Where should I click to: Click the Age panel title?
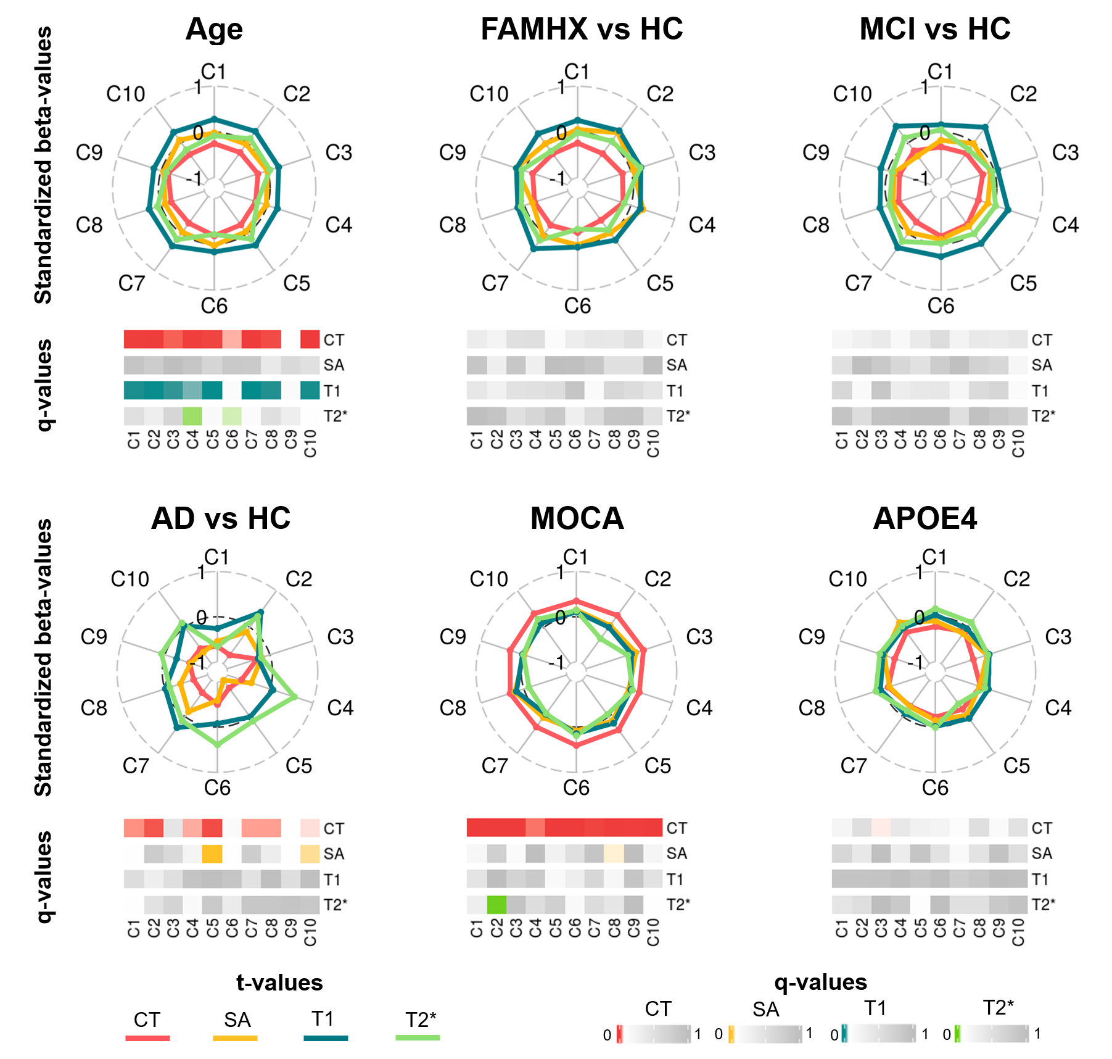[214, 29]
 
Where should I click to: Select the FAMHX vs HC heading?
[582, 29]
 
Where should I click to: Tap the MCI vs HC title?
[935, 29]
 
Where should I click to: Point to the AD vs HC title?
[221, 518]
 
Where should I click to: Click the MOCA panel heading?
[577, 518]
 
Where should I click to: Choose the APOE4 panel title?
[925, 518]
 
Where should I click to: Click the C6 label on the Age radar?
[214, 305]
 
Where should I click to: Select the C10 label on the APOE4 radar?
[847, 579]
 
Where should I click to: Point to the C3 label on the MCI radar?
[1065, 152]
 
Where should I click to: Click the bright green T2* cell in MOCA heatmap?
[496, 905]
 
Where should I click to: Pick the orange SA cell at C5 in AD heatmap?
[212, 853]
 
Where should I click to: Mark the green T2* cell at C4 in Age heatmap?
[192, 416]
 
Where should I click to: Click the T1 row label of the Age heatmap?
[332, 391]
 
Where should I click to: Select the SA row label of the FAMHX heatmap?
[677, 365]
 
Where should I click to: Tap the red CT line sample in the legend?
[147, 1038]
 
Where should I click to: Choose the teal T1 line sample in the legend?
[326, 1038]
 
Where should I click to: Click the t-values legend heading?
[279, 982]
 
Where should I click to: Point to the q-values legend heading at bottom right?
[820, 982]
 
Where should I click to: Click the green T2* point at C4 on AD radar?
[294, 697]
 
